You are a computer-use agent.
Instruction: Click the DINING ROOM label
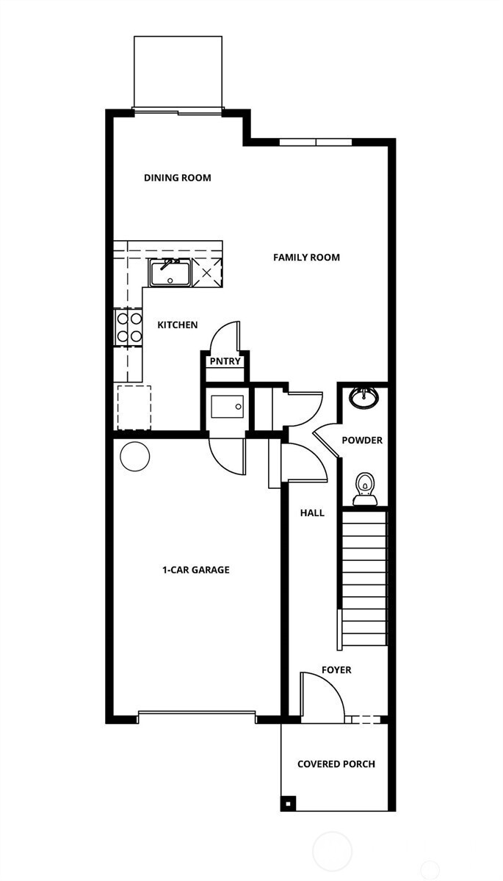[x=177, y=178]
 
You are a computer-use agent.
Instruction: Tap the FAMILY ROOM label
[x=306, y=258]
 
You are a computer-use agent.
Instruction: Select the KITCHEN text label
[x=177, y=325]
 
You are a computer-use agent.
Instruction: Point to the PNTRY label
[x=225, y=361]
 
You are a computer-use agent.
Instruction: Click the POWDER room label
[x=362, y=440]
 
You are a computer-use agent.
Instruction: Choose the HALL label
[x=312, y=513]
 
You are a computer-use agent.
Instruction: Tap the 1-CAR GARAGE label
[x=195, y=570]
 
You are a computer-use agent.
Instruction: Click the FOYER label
[x=336, y=670]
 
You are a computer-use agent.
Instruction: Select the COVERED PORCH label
[x=336, y=764]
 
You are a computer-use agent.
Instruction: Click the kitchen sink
[x=170, y=272]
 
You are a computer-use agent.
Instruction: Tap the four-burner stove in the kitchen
[x=129, y=327]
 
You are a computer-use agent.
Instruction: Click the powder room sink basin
[x=363, y=397]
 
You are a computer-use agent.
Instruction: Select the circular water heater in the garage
[x=134, y=457]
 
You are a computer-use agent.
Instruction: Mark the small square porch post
[x=287, y=802]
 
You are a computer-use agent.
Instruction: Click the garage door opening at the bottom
[x=196, y=713]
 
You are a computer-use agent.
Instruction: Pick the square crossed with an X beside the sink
[x=206, y=273]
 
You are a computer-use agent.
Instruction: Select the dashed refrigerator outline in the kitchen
[x=133, y=407]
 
